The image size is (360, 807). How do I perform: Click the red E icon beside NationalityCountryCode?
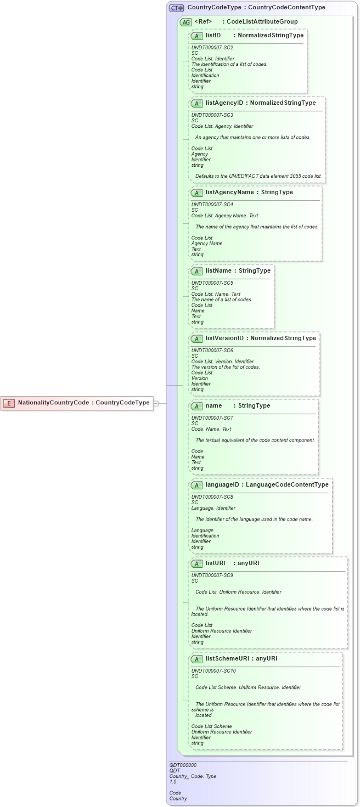click(x=9, y=403)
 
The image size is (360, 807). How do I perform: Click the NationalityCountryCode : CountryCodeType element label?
click(x=83, y=403)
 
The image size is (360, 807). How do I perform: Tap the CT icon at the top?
click(x=176, y=8)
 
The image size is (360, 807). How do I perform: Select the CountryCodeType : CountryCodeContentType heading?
click(x=256, y=8)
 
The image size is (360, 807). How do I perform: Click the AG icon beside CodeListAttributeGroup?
click(x=185, y=22)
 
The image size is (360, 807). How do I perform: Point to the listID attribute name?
click(x=213, y=35)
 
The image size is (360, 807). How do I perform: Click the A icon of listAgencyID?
click(x=196, y=103)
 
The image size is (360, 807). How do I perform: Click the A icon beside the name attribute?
click(x=196, y=407)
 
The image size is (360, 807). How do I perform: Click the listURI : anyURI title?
click(x=232, y=563)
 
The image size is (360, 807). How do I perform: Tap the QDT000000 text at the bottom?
click(x=183, y=765)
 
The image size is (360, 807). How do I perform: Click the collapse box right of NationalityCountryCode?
click(x=156, y=403)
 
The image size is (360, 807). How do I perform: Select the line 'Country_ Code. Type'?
click(x=193, y=776)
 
